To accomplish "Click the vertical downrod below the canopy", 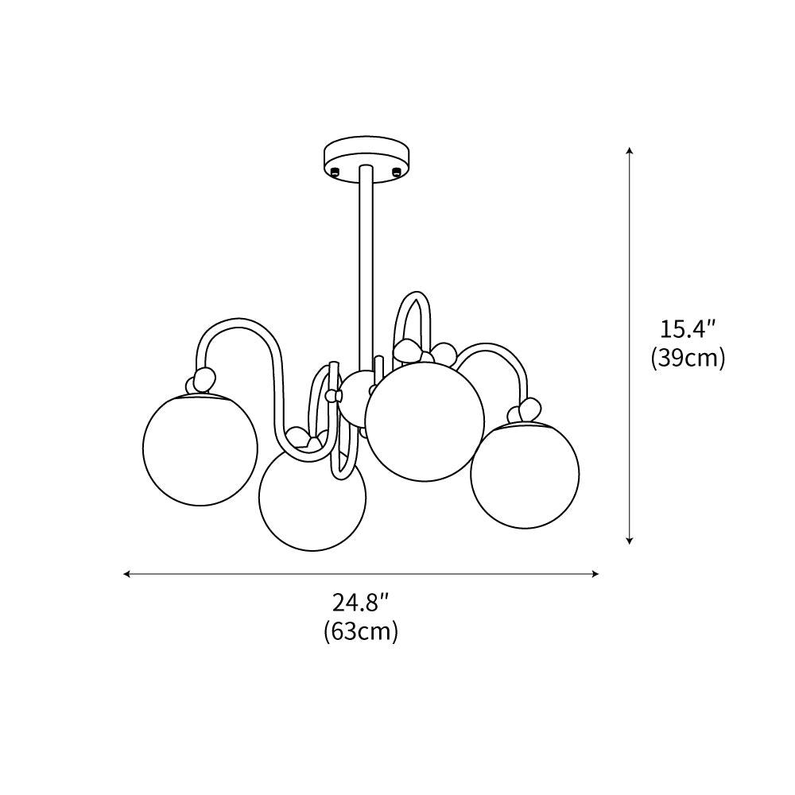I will click(366, 262).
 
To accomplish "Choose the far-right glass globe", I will click(525, 475).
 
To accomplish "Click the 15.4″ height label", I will click(688, 328).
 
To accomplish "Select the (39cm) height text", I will click(688, 359).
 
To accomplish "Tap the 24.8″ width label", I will click(361, 602).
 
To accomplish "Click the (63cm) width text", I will click(361, 632).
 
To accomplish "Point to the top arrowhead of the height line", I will click(630, 151).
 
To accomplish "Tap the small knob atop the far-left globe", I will click(203, 379).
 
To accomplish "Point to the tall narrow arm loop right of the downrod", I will click(413, 318).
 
